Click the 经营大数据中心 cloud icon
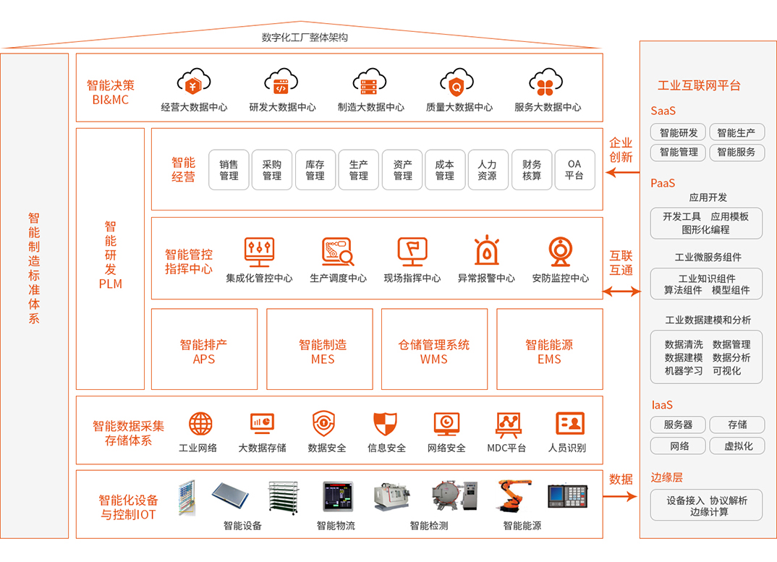pyautogui.click(x=194, y=83)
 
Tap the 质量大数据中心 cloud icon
pyautogui.click(x=457, y=83)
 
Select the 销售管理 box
pyautogui.click(x=229, y=170)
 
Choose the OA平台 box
pyautogui.click(x=574, y=170)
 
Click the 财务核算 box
pyautogui.click(x=532, y=170)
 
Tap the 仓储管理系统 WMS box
pyautogui.click(x=434, y=349)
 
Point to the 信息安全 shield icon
pyautogui.click(x=385, y=423)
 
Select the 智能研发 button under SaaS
pyautogui.click(x=679, y=132)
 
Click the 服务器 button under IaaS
pyautogui.click(x=679, y=425)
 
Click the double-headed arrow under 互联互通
pyautogui.click(x=621, y=291)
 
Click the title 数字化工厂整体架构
pyautogui.click(x=304, y=38)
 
